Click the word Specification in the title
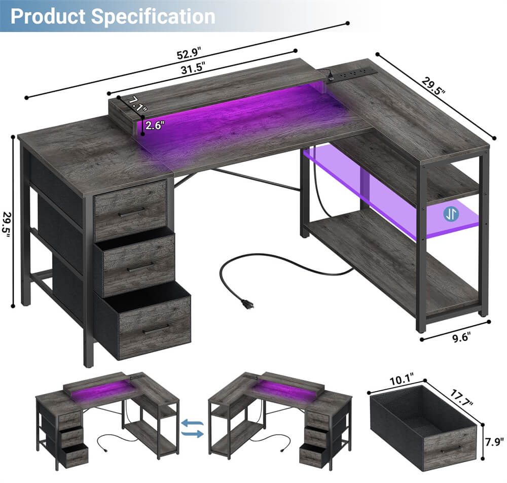[x=153, y=16]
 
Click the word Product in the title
[x=48, y=16]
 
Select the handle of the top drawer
[x=131, y=212]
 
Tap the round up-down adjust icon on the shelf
[x=451, y=214]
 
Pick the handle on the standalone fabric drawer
[x=449, y=450]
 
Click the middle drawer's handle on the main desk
[x=140, y=266]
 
